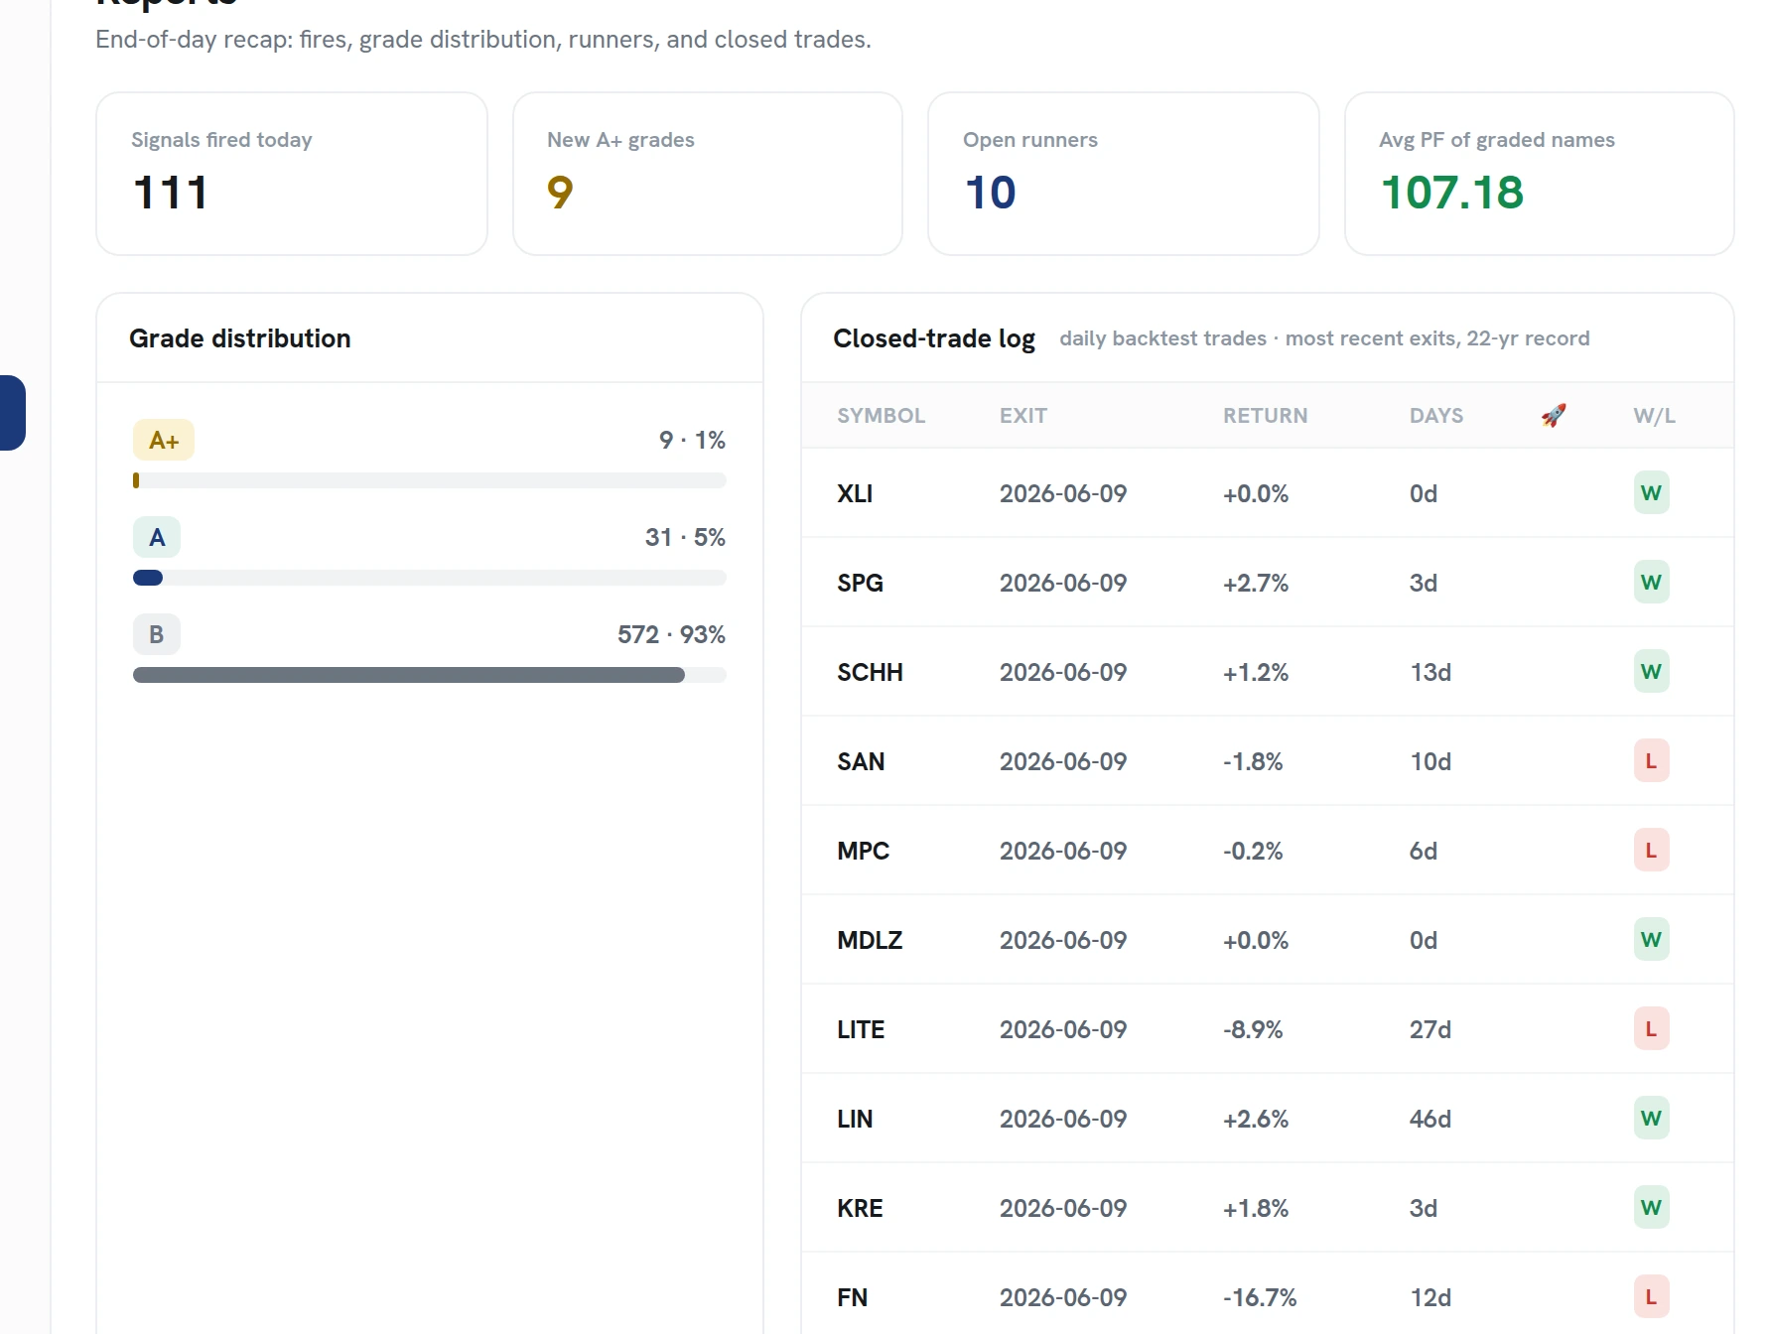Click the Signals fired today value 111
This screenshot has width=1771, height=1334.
click(171, 193)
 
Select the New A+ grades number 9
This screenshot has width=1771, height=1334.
click(560, 193)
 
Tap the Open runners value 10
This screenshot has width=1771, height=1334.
click(990, 193)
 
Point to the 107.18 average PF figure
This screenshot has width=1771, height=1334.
click(1451, 193)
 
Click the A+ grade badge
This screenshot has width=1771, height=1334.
click(164, 440)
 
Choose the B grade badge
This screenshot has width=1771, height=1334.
click(157, 634)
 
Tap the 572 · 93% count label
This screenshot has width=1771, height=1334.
click(671, 634)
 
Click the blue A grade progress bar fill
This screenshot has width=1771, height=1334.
click(148, 578)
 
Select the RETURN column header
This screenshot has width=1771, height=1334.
click(1265, 416)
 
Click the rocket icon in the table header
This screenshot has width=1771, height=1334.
click(1554, 415)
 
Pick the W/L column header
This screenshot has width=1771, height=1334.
click(1654, 416)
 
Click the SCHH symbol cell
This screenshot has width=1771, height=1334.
click(870, 672)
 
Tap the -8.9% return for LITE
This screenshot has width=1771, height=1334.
click(1253, 1029)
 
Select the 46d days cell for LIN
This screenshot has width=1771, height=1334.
click(1430, 1119)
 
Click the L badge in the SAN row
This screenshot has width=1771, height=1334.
click(1652, 761)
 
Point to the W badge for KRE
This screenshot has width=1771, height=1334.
click(1652, 1208)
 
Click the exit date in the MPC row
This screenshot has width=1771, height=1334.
click(1063, 851)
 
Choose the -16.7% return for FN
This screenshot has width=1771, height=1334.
click(1260, 1297)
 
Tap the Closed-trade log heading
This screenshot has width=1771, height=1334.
click(934, 338)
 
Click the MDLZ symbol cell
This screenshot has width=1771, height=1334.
click(870, 940)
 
